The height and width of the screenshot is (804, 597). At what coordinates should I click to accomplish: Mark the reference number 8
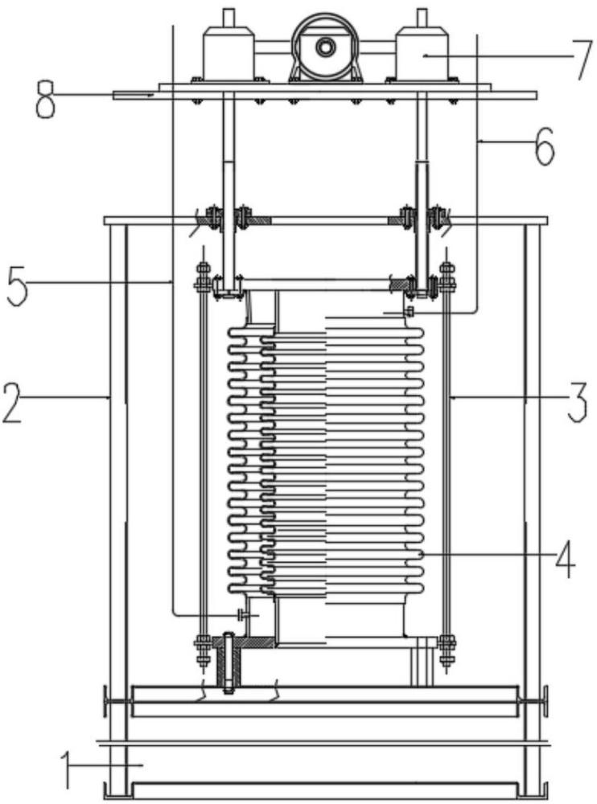[45, 100]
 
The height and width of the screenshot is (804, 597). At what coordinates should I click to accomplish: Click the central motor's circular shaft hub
[325, 47]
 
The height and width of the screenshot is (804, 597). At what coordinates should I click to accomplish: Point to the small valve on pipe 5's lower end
[241, 614]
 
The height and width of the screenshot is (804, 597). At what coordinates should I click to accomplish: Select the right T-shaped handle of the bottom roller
[534, 701]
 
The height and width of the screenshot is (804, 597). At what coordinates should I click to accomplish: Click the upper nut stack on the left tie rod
[204, 278]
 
